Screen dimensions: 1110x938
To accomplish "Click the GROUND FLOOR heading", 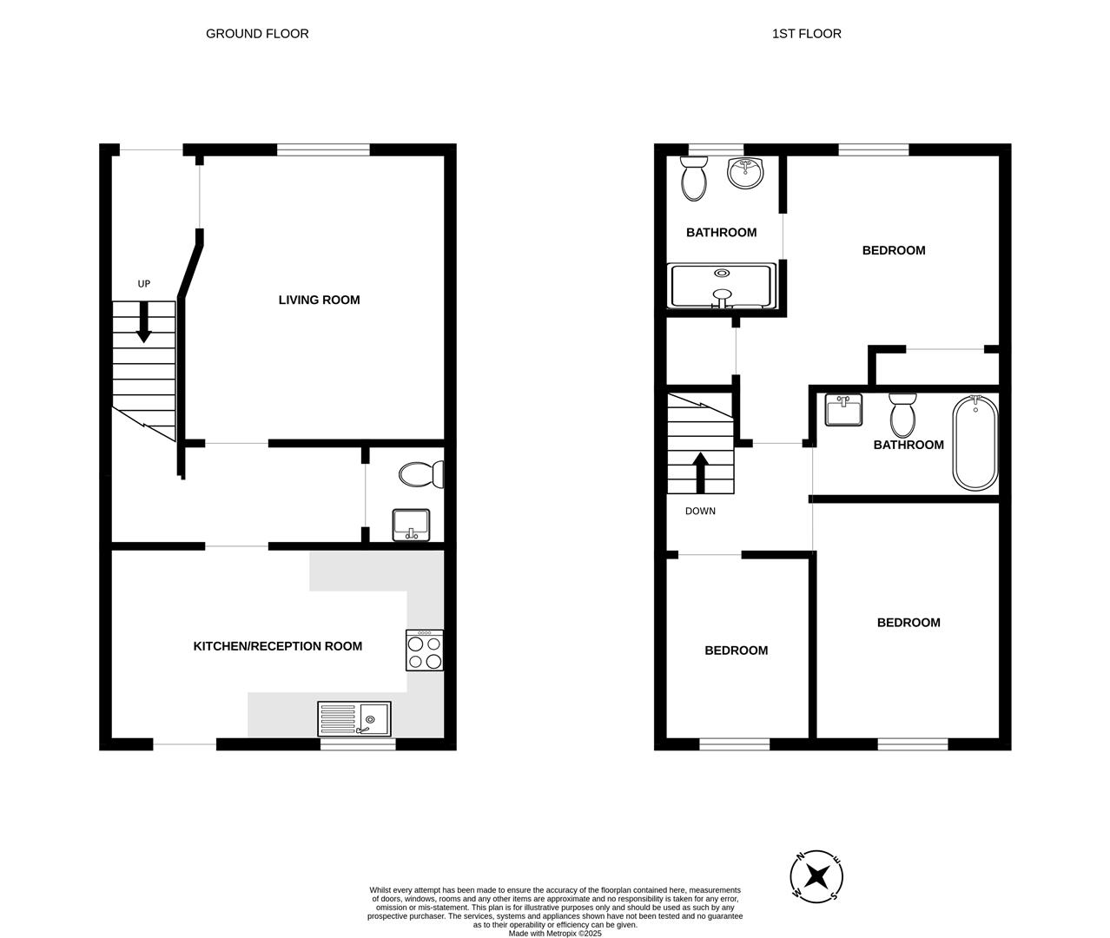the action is [x=257, y=34].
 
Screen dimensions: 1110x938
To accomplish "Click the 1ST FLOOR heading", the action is [x=807, y=34].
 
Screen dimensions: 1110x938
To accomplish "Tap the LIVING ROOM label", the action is [x=319, y=300].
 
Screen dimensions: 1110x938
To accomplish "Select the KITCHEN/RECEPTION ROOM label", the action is [x=278, y=646].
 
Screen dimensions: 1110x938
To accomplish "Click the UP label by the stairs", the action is [x=144, y=284].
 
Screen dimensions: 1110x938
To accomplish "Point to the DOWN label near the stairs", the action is [x=700, y=511].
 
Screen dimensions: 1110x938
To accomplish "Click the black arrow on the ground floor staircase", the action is [x=143, y=322].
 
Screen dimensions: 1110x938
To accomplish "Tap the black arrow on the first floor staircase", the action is [x=701, y=472].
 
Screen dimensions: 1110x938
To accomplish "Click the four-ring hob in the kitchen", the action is [x=424, y=650].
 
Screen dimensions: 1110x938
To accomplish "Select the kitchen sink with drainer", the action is [x=354, y=719].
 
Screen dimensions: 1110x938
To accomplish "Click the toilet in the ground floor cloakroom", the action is [x=421, y=474].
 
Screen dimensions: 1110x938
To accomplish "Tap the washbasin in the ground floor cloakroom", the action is [x=411, y=525].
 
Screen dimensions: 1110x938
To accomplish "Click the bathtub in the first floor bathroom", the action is [x=975, y=442].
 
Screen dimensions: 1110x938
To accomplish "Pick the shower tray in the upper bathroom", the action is [x=722, y=286].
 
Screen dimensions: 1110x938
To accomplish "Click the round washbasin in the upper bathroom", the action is [x=745, y=173].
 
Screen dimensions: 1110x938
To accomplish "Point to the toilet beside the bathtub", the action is [x=902, y=415].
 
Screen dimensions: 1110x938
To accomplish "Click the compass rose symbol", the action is [x=816, y=876].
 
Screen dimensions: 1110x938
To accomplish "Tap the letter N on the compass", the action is [x=800, y=857].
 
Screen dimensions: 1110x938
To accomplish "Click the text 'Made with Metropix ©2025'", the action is [x=555, y=933].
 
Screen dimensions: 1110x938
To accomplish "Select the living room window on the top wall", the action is [x=323, y=149].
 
